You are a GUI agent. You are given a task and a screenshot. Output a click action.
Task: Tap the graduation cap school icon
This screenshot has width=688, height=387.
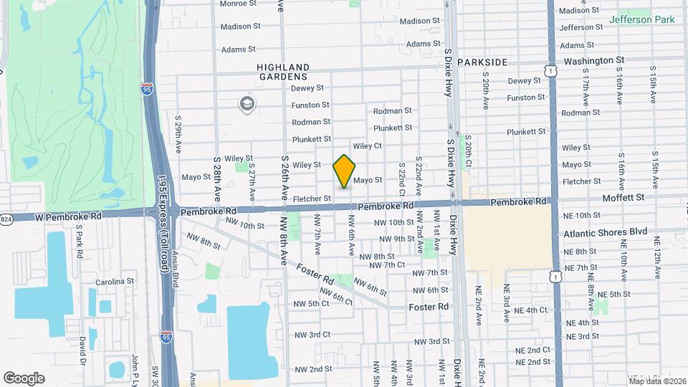247,105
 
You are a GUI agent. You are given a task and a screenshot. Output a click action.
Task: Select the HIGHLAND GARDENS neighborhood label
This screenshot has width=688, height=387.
282,71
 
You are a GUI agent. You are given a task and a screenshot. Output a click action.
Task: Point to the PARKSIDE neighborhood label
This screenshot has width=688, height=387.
482,62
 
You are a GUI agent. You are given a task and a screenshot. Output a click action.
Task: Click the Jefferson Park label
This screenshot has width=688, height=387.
641,19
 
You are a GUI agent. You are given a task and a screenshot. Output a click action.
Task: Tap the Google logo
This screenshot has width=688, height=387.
24,378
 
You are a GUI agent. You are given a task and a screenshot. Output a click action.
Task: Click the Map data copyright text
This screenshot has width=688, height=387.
656,381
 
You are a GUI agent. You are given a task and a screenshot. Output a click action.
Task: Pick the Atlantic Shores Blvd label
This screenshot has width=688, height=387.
605,233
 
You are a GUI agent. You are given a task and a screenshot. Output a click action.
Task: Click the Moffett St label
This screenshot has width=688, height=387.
623,197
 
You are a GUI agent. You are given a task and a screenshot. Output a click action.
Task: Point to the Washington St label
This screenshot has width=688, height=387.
593,61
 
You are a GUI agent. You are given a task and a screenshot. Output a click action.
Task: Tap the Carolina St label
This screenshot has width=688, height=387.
115,282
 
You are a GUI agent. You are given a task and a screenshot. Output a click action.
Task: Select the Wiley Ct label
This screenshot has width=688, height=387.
367,145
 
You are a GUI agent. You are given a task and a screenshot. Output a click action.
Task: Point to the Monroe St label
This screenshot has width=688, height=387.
237,4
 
